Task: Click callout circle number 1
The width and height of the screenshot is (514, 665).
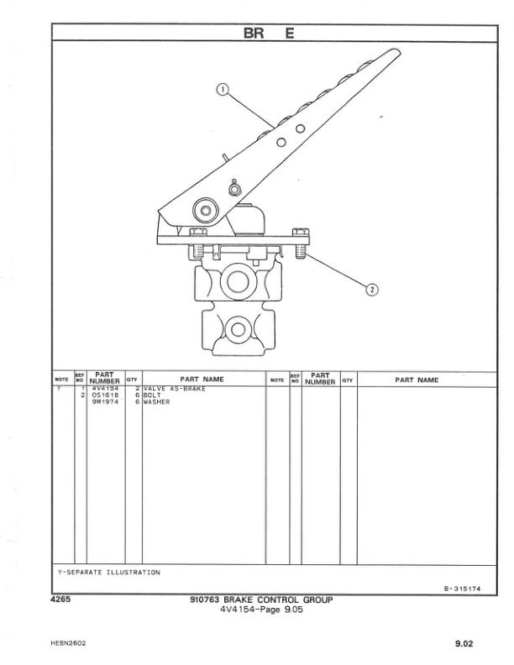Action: tap(223, 90)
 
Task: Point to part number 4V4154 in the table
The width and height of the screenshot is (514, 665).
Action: tap(105, 389)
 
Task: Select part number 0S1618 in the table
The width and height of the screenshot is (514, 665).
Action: tap(105, 395)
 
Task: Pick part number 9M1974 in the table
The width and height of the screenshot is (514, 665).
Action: tap(105, 402)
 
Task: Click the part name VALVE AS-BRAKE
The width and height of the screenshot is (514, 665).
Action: tap(174, 389)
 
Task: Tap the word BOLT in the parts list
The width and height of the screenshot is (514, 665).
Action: tap(152, 395)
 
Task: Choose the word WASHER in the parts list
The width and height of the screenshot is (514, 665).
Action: tap(156, 402)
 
